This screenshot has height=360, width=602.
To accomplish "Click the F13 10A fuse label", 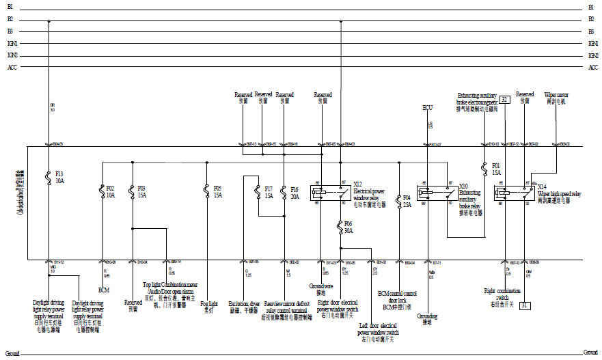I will coord(59,176).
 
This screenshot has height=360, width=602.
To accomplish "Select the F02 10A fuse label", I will coord(111,191).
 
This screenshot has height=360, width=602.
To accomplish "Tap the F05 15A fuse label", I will coord(218,191).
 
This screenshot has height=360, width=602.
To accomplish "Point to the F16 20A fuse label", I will coord(295,192).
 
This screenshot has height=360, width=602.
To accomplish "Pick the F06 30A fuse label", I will coord(348,227).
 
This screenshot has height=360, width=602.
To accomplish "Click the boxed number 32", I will coord(504,99).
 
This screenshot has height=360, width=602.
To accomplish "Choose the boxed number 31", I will coord(524,305).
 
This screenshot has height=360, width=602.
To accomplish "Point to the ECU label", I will coord(428,108).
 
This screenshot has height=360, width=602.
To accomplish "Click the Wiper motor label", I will coord(555,98).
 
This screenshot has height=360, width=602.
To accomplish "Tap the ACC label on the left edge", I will coord(12,67).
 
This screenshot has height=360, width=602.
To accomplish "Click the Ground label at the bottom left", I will coord(12,354).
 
